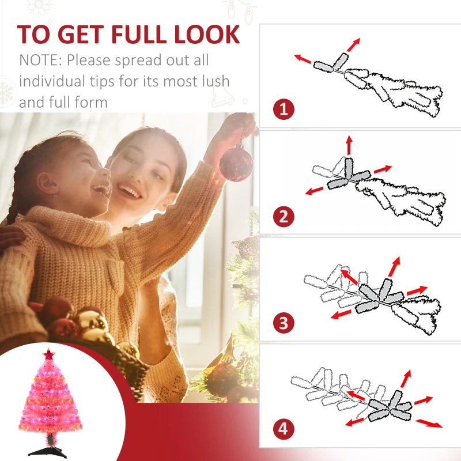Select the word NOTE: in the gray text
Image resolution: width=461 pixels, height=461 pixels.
40,60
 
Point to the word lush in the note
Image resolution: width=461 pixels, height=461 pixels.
215,81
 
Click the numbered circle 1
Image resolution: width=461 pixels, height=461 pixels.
284,109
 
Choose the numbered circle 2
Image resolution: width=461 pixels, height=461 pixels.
284,217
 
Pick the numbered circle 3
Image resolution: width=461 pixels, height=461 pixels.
284,323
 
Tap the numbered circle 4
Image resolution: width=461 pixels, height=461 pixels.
284,429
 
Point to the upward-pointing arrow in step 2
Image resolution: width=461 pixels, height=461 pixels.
349,145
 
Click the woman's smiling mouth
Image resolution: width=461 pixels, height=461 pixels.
129,190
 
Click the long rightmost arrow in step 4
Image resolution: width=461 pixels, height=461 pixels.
429,424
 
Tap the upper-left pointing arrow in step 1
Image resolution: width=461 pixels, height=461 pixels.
303,59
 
